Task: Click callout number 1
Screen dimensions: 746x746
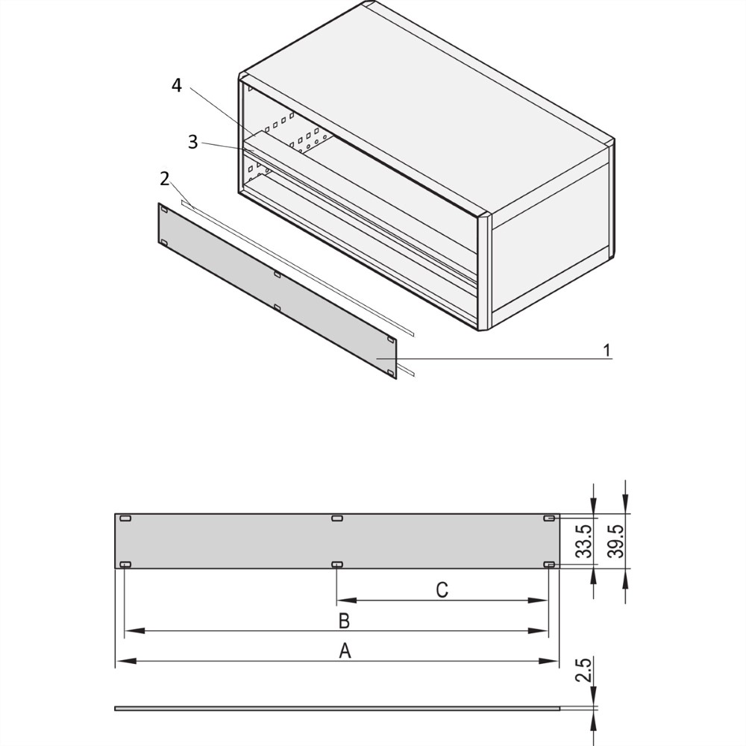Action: (606, 351)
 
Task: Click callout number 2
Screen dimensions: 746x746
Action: (165, 179)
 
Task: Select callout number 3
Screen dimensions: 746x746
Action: (192, 142)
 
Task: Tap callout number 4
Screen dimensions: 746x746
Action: (177, 86)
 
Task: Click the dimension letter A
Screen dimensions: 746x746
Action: (345, 651)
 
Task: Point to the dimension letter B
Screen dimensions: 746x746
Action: (344, 621)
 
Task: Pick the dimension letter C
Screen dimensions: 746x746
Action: (442, 590)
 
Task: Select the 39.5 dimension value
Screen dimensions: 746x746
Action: (617, 541)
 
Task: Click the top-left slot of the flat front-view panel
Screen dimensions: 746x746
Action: (125, 518)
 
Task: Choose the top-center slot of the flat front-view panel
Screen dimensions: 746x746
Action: (337, 518)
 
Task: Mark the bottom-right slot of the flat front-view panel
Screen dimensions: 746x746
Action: (548, 564)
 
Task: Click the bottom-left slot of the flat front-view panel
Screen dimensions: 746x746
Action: (125, 564)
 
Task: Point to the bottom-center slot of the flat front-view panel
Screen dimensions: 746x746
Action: (337, 564)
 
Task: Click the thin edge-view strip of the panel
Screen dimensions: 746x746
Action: (337, 709)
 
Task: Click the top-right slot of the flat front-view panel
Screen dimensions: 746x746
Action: (548, 518)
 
